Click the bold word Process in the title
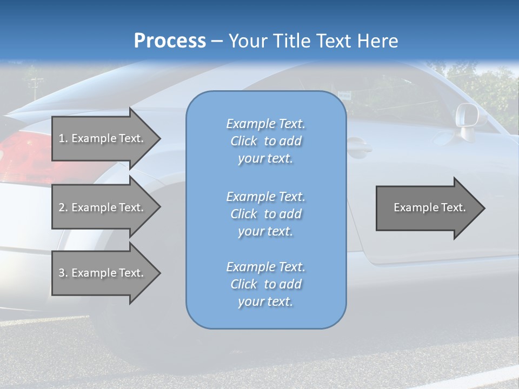click(170, 41)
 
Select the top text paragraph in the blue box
click(265, 141)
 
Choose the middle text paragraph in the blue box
click(265, 214)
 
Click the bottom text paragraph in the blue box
click(265, 284)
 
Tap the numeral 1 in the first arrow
click(62, 138)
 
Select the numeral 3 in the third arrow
click(62, 273)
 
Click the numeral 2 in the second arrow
click(62, 207)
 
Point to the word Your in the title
click(247, 41)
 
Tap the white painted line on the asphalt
click(476, 377)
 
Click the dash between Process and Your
click(217, 42)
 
